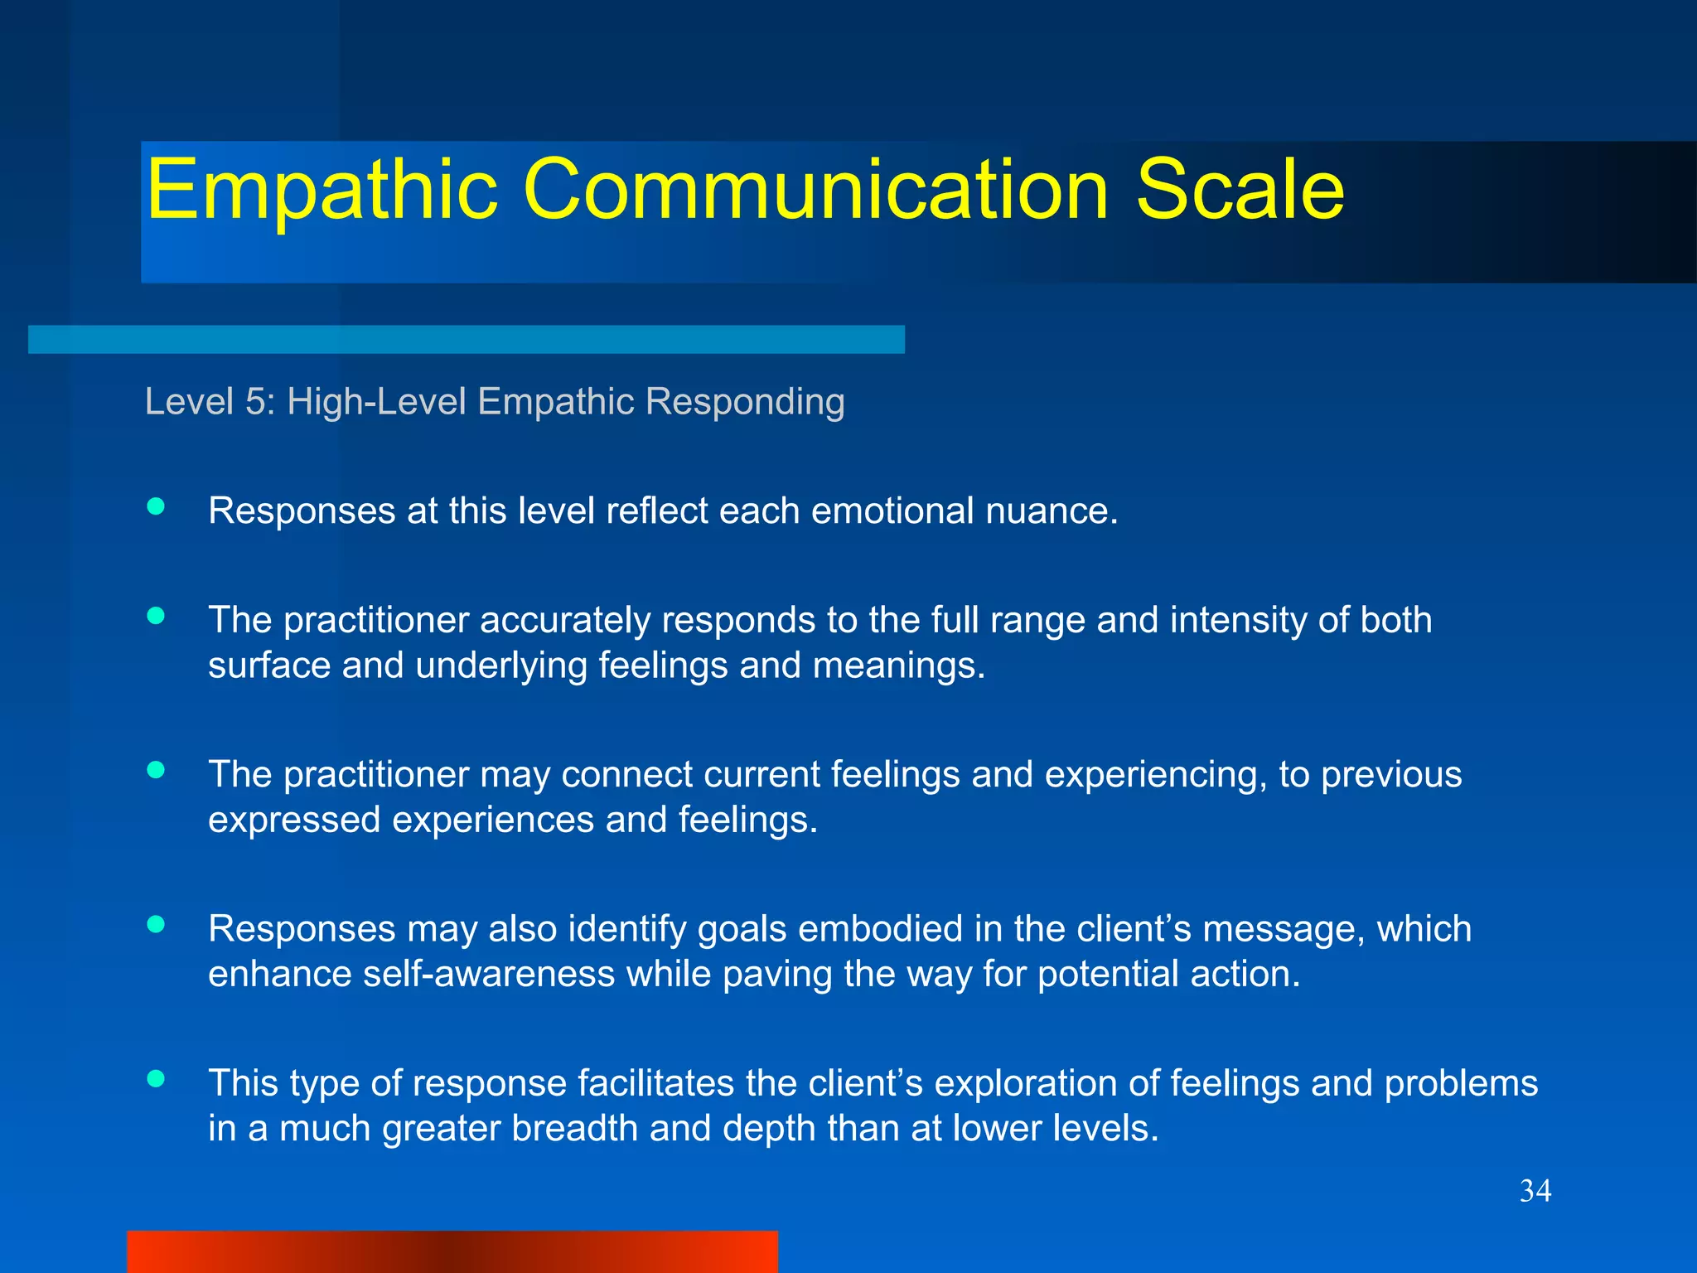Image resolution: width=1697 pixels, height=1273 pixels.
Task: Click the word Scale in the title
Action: click(x=1240, y=191)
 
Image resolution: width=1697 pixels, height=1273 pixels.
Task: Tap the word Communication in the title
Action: click(x=815, y=191)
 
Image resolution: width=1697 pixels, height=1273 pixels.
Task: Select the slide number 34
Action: click(x=1535, y=1191)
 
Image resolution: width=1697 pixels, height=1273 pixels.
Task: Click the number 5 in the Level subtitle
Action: click(x=255, y=402)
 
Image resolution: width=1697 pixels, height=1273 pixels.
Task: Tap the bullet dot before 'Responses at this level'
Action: click(x=156, y=506)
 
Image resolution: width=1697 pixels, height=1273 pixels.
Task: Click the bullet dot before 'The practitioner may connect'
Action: click(x=156, y=770)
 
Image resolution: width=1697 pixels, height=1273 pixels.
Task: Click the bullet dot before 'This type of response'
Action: click(x=156, y=1078)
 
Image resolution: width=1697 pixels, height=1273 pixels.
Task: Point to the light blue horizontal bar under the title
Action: click(x=466, y=340)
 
